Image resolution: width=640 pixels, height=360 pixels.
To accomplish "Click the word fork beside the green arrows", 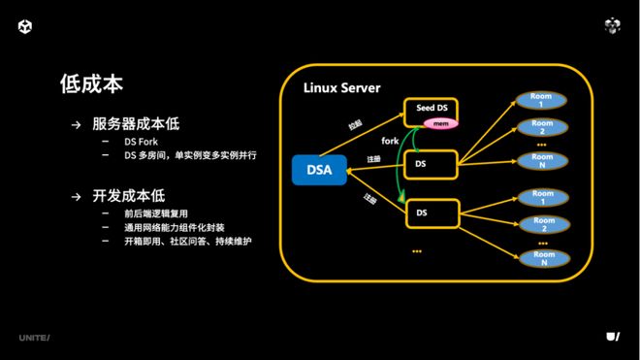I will pyautogui.click(x=390, y=142).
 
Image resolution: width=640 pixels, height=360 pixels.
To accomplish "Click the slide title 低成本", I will pyautogui.click(x=91, y=83).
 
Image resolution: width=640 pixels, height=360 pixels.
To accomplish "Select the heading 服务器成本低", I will pyautogui.click(x=136, y=124).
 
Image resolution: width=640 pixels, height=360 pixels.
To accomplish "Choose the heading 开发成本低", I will pyautogui.click(x=128, y=195).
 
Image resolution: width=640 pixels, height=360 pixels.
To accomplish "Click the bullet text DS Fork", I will pyautogui.click(x=141, y=142).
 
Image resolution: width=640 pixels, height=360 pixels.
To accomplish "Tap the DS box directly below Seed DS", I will pyautogui.click(x=429, y=165).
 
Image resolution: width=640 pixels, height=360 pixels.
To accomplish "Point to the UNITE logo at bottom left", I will pyautogui.click(x=34, y=337).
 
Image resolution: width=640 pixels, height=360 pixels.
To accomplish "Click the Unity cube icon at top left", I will pyautogui.click(x=25, y=26).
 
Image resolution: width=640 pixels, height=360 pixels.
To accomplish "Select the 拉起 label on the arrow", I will pyautogui.click(x=355, y=125).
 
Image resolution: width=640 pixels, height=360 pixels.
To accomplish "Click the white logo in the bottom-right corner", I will pyautogui.click(x=612, y=336).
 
